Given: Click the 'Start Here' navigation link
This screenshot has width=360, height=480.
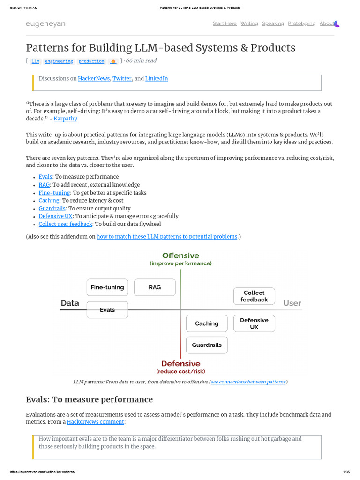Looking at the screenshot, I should (225, 23).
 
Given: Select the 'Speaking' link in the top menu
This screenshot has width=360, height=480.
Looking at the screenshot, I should (273, 23).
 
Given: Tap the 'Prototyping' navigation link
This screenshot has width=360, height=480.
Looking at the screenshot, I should (302, 23).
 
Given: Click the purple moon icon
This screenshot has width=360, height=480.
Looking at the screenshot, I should (337, 23).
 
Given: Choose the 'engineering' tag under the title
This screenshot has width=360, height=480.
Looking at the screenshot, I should (59, 61).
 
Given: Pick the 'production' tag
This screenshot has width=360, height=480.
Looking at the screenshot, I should (91, 61).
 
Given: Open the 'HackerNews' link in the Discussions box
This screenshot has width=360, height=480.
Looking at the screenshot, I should (94, 79).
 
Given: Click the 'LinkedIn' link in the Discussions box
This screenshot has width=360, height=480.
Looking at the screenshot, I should (157, 79).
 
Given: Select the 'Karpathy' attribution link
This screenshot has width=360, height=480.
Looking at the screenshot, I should (66, 119).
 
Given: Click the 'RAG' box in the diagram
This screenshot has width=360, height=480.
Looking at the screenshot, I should (155, 287).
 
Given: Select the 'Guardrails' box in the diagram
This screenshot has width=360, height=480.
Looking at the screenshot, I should (207, 345).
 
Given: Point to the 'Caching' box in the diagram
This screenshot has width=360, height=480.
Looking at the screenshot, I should (207, 323).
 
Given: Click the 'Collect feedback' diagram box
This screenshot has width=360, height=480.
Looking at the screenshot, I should (254, 296).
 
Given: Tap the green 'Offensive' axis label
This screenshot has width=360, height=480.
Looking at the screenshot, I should (180, 256).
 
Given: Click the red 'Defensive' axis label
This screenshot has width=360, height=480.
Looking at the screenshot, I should (180, 364).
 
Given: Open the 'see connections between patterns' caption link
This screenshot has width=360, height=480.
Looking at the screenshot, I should (248, 382).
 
